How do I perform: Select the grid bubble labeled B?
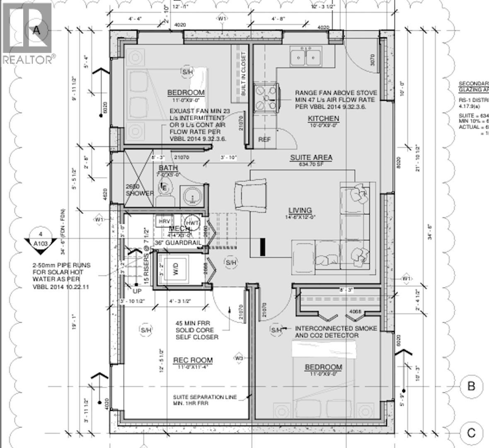coord(471,386)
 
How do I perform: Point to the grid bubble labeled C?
coord(471,433)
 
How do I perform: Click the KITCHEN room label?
coord(323,119)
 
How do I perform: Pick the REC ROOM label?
coord(193,360)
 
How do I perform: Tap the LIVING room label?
coord(300,210)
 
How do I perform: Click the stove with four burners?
coord(265,98)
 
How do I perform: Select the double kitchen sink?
coord(306,57)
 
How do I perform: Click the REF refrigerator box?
coord(264,140)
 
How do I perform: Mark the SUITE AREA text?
coord(311,158)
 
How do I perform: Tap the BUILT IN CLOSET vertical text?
coord(243,74)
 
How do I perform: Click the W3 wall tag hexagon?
coord(239,358)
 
